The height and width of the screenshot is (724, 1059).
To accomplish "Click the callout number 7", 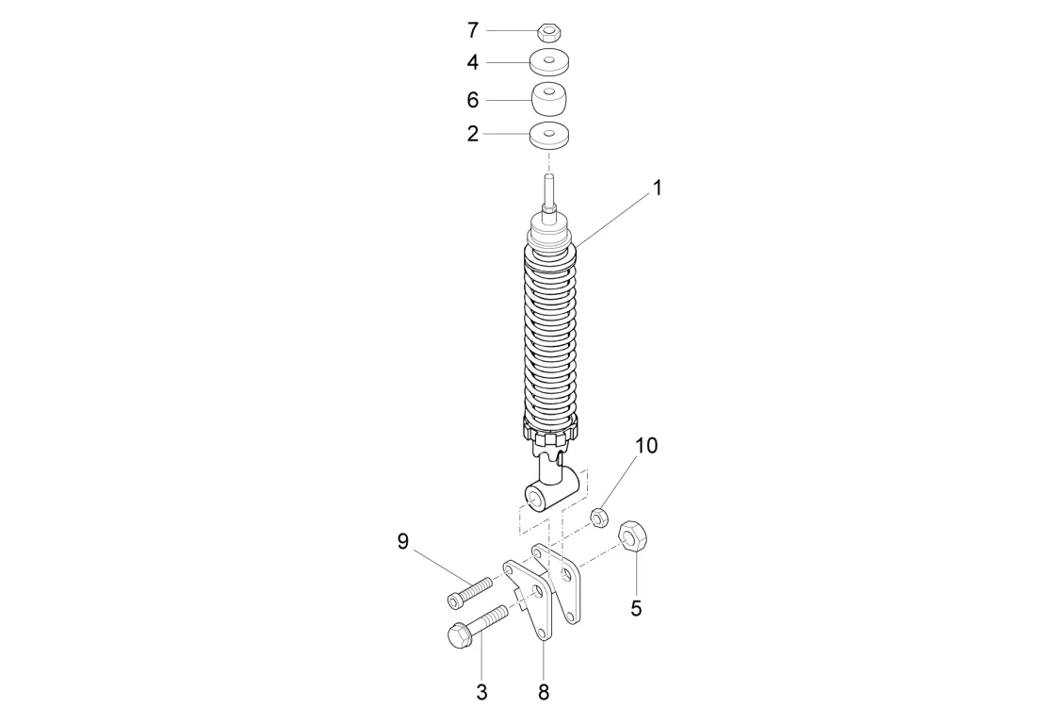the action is point(473,31).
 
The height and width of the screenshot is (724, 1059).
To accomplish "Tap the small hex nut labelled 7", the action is point(549,33).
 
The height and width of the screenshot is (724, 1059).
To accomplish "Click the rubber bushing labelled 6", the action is point(550,99).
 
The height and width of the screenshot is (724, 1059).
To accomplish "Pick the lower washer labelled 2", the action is point(550,135).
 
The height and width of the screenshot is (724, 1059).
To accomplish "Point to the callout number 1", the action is point(658,188).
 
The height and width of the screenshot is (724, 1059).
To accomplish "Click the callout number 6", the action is point(473,99).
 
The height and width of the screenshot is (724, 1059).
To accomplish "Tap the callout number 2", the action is point(473,134).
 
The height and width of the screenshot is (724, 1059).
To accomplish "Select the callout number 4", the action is point(473,63).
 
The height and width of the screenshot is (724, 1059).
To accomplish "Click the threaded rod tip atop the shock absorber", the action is point(549,185).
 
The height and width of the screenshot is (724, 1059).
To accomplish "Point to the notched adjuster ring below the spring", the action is point(548,434).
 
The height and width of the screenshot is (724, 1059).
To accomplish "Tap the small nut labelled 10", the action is point(597,518).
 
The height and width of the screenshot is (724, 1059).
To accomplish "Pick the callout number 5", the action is point(636,609).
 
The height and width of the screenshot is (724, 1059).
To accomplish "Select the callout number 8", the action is point(544,692).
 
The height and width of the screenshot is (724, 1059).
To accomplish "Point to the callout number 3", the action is point(481,692).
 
